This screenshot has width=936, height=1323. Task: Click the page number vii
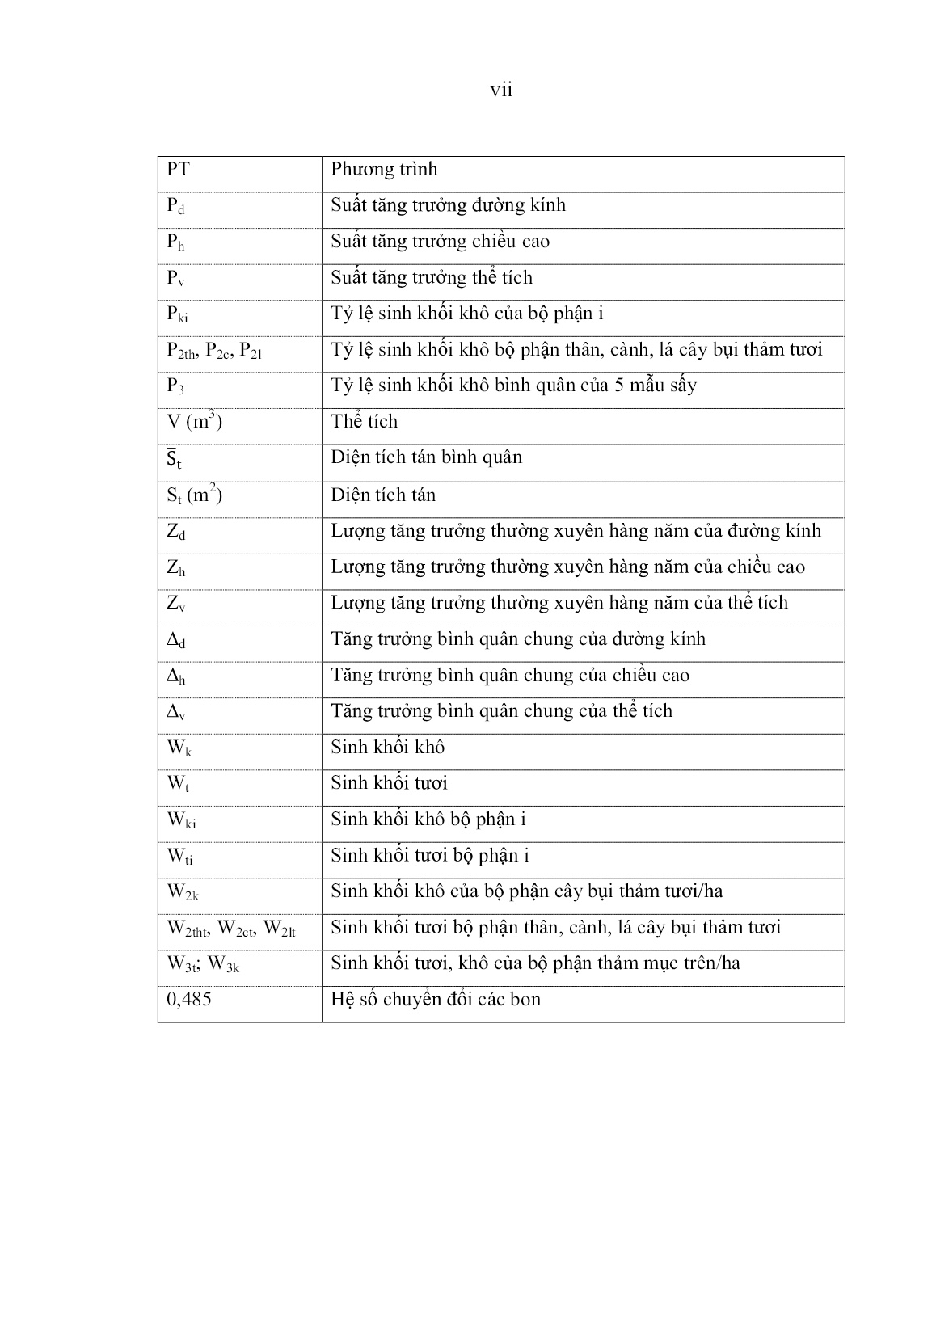501,91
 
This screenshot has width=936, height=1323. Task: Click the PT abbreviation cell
178,170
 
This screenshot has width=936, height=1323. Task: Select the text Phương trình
384,170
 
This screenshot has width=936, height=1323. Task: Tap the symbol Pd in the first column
175,206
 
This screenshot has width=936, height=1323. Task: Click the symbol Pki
177,314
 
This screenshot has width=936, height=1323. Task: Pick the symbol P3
175,386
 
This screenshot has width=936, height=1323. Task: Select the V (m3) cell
194,421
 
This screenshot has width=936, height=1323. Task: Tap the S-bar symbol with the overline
174,459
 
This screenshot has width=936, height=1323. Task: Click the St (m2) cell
194,495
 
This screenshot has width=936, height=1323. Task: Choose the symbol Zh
176,568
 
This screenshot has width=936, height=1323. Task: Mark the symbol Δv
176,712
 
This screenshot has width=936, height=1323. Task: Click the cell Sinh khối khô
387,748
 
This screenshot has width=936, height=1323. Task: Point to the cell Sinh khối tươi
389,783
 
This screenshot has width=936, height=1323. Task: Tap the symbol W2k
183,892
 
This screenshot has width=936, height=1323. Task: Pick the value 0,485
189,1000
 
